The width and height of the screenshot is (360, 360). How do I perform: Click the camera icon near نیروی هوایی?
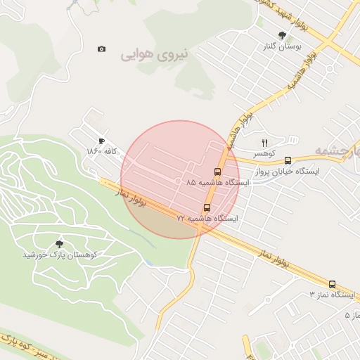tap(102, 49)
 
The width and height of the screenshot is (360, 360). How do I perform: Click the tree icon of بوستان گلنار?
tap(283, 35)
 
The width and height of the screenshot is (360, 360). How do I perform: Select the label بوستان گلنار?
tap(283, 46)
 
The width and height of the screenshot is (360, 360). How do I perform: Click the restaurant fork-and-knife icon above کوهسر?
tap(265, 142)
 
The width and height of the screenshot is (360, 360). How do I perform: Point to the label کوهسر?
tap(264, 153)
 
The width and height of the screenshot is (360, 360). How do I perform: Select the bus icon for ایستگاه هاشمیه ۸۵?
tap(217, 172)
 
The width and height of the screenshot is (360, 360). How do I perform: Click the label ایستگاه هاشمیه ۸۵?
tap(217, 183)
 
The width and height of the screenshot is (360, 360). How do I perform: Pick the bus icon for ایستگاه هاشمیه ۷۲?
tap(207, 207)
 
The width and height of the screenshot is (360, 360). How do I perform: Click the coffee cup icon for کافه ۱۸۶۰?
tap(102, 141)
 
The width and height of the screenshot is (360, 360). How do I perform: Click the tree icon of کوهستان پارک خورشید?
tap(58, 243)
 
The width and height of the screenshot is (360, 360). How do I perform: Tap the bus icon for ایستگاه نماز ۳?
tap(332, 285)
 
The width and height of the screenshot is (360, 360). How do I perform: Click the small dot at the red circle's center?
tap(180, 180)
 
